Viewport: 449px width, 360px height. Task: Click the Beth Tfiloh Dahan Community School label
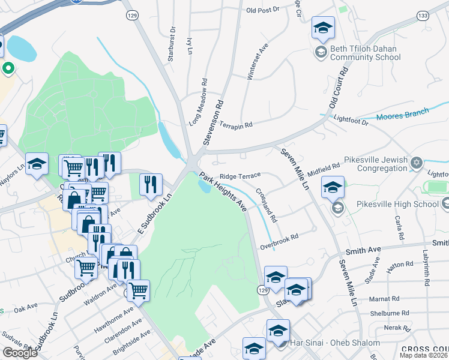pos(365,53)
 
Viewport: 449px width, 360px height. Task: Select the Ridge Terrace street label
pos(240,176)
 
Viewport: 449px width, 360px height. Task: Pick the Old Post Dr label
pos(263,10)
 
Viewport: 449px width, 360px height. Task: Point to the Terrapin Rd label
pos(235,125)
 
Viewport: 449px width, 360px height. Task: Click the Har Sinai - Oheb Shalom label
pos(335,343)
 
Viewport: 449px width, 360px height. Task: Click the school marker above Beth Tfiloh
pos(322,28)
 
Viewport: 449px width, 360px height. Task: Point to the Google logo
pos(20,353)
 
